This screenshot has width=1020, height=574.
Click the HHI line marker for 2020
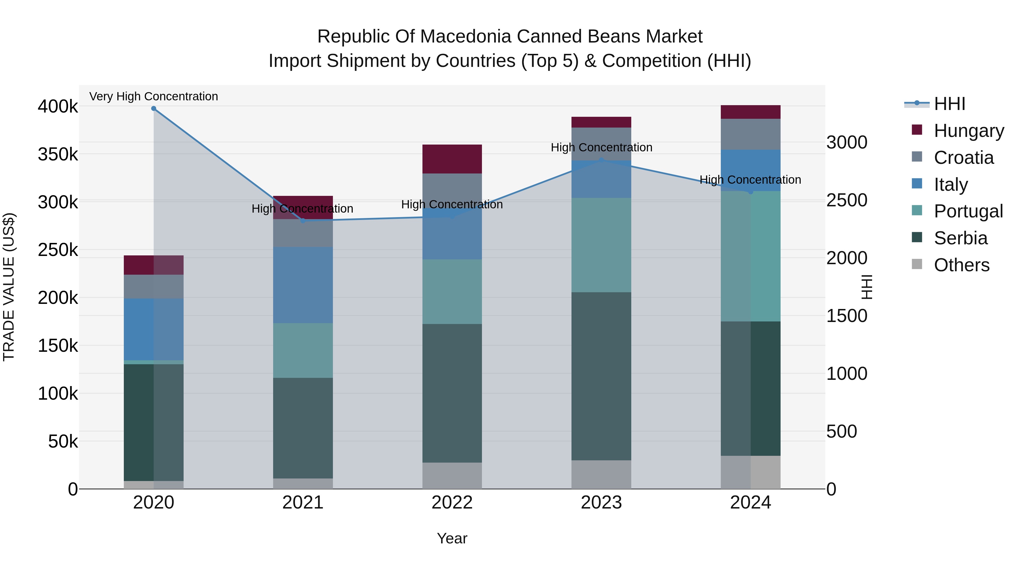coord(154,109)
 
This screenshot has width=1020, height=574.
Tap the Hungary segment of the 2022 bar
coord(452,159)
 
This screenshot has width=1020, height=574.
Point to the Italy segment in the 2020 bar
coord(154,329)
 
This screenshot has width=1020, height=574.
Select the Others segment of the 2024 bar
coord(750,472)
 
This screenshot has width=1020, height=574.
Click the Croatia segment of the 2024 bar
coord(750,134)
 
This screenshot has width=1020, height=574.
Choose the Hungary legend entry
coord(968,131)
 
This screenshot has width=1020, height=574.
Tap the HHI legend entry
coord(949,104)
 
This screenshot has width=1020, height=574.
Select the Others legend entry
coord(961,265)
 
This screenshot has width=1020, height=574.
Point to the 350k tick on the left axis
coord(58,154)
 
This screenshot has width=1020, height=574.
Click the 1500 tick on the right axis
coord(847,316)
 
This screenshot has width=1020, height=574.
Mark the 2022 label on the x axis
coord(452,503)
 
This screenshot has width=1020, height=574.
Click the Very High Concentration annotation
coord(154,97)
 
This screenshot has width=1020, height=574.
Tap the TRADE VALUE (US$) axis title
coord(9,287)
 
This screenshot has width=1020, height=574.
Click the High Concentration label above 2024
coord(750,180)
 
